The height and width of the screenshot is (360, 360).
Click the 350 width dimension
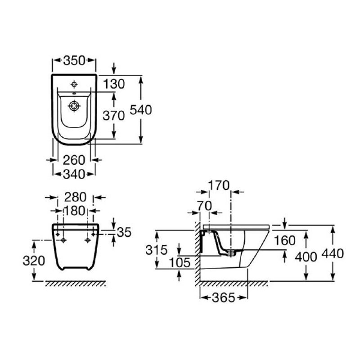pos(74,61)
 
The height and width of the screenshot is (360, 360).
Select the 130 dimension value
pos(114,84)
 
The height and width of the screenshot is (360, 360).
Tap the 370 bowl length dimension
pos(114,115)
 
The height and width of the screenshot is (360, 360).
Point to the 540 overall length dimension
pos(141,110)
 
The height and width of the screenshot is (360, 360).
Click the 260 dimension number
pos(74,160)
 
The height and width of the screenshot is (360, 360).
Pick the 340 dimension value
pos(74,174)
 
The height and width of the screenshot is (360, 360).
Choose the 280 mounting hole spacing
pos(75,197)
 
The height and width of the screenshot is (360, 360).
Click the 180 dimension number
pos(74,211)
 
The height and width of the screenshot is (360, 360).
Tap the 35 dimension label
pos(124,232)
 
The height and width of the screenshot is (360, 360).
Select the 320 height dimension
pos(34,261)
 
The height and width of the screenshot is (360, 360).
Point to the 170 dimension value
pos(219,185)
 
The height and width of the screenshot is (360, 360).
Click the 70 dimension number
pos(204,206)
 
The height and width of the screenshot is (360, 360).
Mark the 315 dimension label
pos(157,250)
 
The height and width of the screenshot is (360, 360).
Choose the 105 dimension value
pos(180,263)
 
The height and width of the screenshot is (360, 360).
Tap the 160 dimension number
pos(285,241)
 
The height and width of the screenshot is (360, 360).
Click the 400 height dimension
pos(306,256)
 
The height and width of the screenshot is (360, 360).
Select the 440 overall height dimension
pos(333,254)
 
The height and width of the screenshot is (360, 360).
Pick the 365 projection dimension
pos(224,298)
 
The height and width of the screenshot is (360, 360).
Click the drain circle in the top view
pos(74,106)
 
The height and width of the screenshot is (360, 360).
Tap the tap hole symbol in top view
pos(74,85)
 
